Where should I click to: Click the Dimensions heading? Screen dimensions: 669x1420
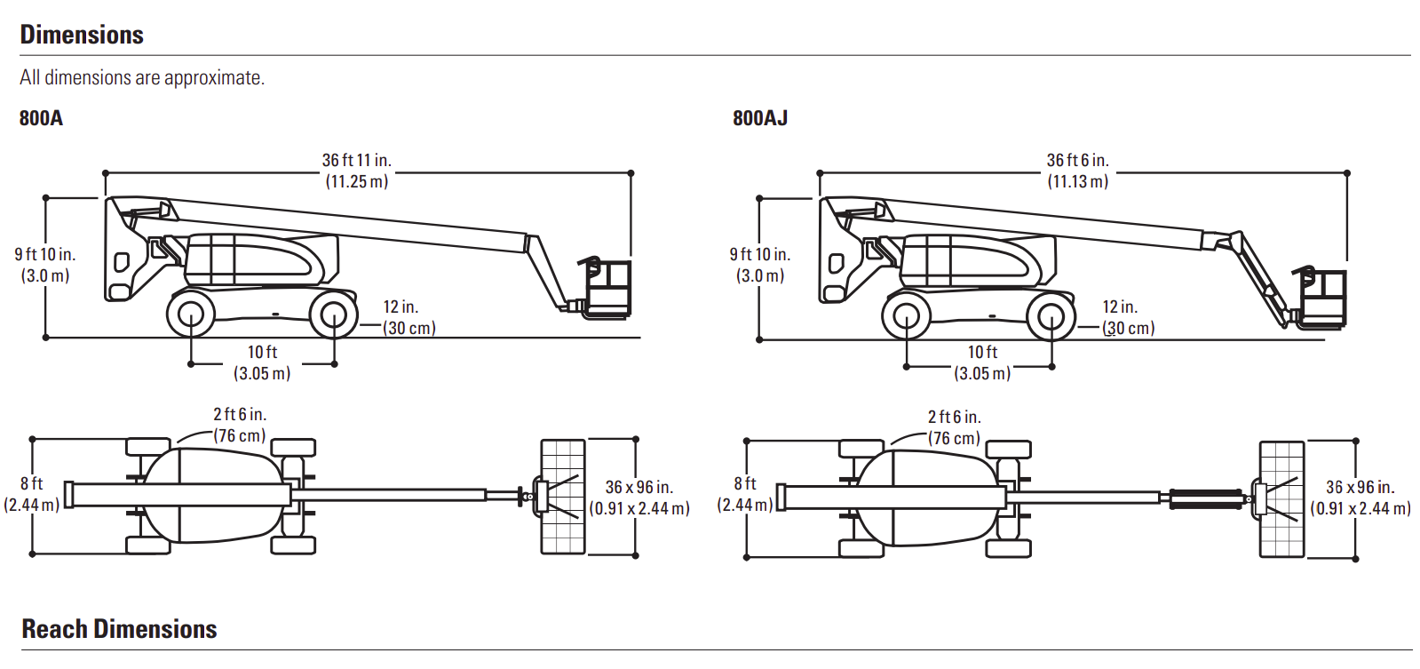click(82, 35)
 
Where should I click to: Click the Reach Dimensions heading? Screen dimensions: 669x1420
click(119, 629)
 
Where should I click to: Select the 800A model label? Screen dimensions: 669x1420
click(41, 118)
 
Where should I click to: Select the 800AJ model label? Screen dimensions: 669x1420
click(760, 118)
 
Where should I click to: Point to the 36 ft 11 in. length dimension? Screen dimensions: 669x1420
click(356, 161)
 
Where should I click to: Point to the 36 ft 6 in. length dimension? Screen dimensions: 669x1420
click(1077, 161)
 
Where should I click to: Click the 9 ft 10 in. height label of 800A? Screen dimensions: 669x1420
click(45, 255)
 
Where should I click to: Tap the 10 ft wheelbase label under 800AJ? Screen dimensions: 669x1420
click(982, 353)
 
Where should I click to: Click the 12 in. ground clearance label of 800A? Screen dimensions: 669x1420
click(401, 307)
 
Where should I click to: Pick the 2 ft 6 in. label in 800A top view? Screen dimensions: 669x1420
click(240, 415)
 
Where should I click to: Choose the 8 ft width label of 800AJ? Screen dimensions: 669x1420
click(745, 483)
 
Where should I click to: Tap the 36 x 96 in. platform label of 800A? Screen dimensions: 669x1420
click(639, 488)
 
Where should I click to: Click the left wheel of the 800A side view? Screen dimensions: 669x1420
click(190, 315)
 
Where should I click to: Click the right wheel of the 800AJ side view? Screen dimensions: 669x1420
click(1051, 316)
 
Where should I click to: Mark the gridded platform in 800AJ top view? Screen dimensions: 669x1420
click(1281, 498)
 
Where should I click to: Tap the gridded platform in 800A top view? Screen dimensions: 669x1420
click(563, 497)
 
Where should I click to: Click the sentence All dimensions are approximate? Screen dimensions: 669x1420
click(142, 78)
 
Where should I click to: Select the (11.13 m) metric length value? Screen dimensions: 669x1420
click(1077, 182)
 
